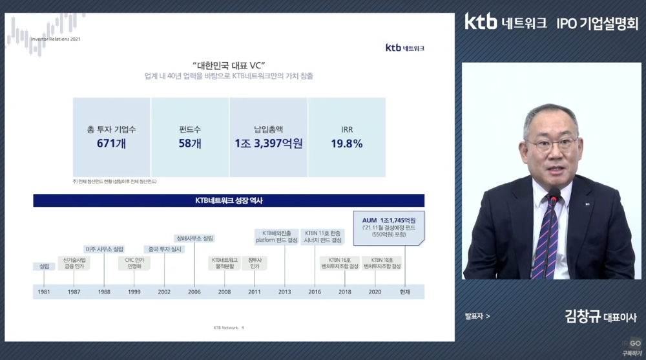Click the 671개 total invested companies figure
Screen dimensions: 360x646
[x=111, y=143]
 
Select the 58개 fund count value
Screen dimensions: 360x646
[x=190, y=143]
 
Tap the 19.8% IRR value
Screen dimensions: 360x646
[x=346, y=143]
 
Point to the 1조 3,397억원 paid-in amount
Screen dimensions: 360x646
[x=268, y=143]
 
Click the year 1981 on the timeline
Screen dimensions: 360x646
[x=44, y=292]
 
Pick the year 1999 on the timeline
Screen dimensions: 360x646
[x=134, y=292]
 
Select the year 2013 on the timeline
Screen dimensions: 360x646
[x=285, y=292]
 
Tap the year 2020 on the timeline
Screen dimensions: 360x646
[x=375, y=292]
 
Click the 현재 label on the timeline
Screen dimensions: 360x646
[x=405, y=292]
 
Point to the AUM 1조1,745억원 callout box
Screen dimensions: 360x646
[x=389, y=227]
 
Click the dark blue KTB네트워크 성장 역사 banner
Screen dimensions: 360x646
[x=229, y=200]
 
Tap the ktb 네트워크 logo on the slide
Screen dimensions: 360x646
[x=404, y=48]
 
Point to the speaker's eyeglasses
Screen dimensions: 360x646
[x=550, y=143]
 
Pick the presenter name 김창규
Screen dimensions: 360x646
[x=582, y=317]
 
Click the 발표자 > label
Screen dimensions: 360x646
[x=477, y=317]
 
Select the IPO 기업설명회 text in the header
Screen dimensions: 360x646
[x=597, y=23]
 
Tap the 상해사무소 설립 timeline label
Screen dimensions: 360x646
[x=194, y=238]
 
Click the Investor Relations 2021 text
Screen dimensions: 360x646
[x=56, y=39]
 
